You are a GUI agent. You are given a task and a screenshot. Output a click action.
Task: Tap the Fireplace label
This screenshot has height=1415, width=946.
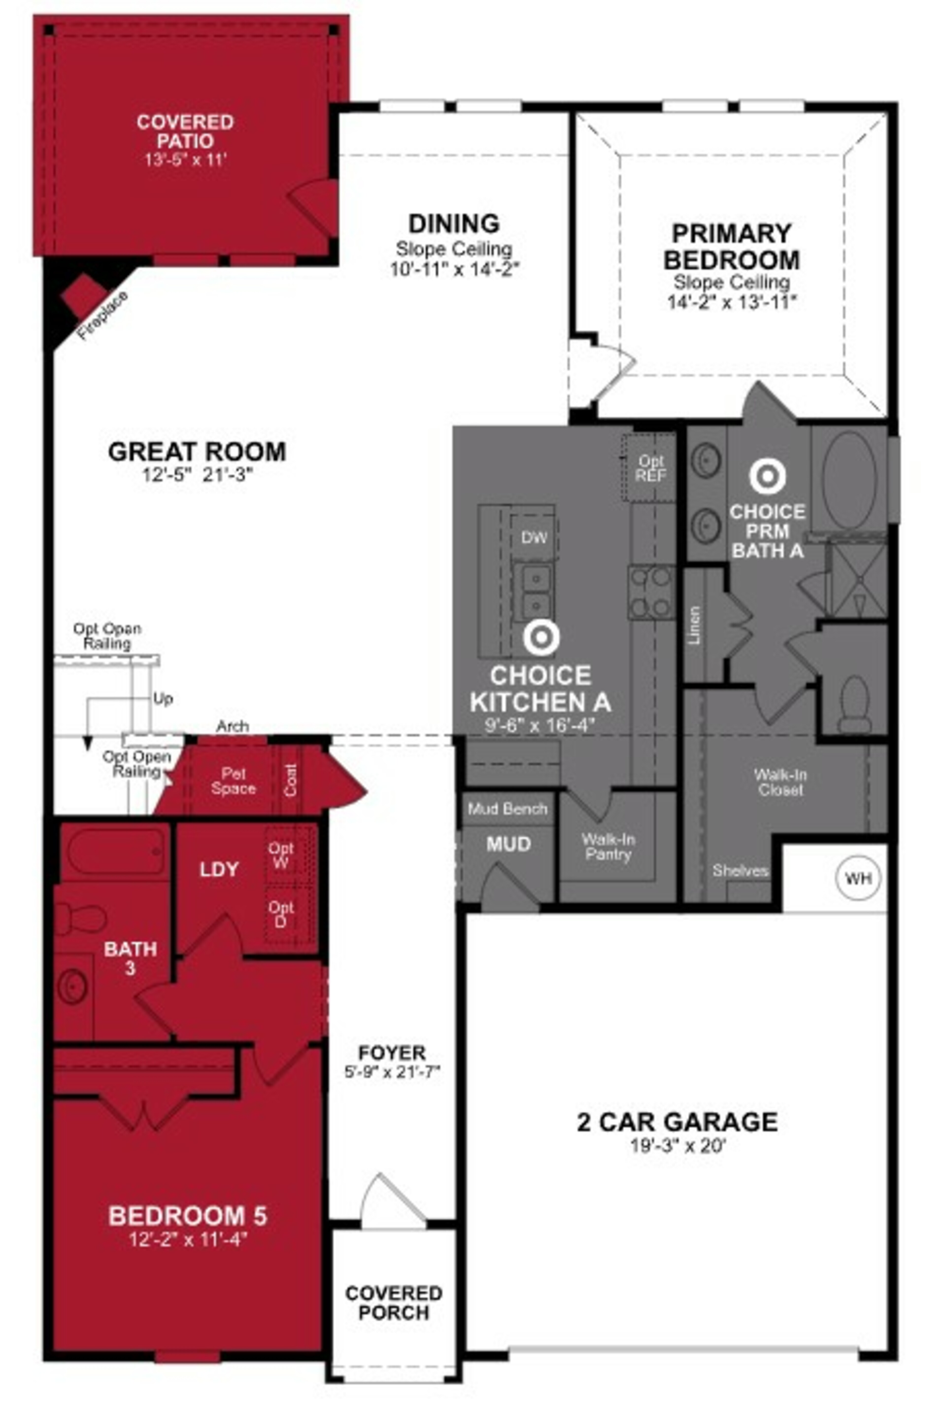click(x=102, y=316)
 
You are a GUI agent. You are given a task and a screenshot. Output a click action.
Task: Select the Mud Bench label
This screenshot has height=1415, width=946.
click(x=507, y=809)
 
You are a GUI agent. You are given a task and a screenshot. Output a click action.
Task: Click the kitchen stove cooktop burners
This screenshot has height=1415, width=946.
click(x=652, y=593)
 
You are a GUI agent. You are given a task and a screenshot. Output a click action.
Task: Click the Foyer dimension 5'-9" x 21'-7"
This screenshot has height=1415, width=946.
click(x=393, y=1072)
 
